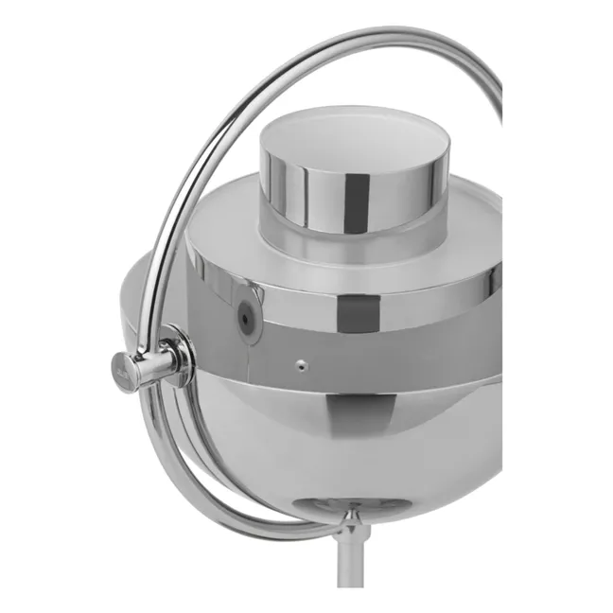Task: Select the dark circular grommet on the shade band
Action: pyautogui.click(x=246, y=320)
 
